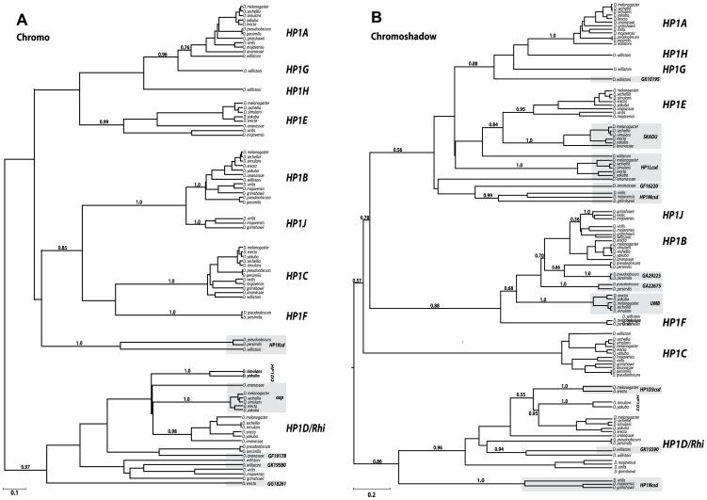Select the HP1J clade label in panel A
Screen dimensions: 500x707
point(297,222)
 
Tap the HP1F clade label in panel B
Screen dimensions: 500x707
point(673,322)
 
